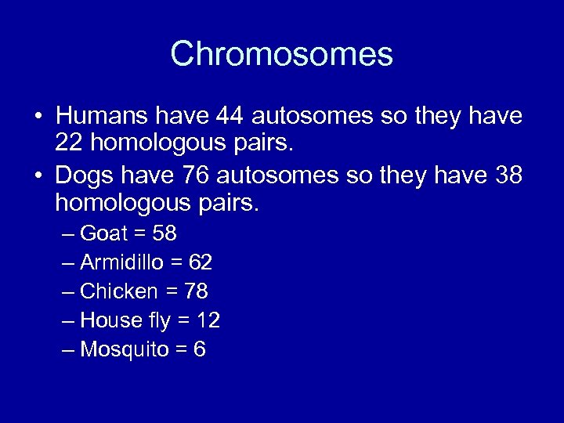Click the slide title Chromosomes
[281, 54]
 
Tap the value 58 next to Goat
[165, 233]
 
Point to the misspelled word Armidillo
[125, 262]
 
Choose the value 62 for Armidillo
[201, 262]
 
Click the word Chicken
[119, 291]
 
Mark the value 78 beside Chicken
[196, 291]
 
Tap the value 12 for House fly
[208, 320]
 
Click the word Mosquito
[124, 349]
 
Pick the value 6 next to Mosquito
[200, 349]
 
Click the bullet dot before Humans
[38, 117]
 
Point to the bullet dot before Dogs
[38, 175]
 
